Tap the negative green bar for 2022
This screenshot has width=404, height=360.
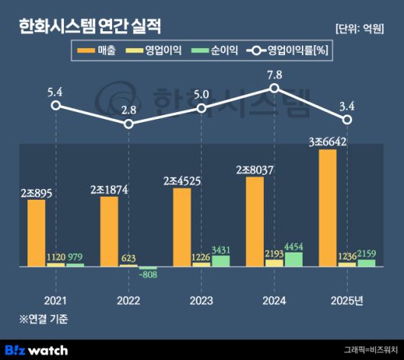click(x=148, y=268)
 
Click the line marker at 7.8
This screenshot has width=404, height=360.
click(x=274, y=88)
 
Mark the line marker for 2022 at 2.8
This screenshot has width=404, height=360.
click(x=128, y=124)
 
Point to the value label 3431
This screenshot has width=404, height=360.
click(x=220, y=248)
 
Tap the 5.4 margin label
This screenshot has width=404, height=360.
click(x=55, y=92)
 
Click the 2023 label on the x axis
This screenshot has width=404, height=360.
click(x=201, y=300)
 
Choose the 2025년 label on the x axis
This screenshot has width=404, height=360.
click(x=347, y=300)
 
